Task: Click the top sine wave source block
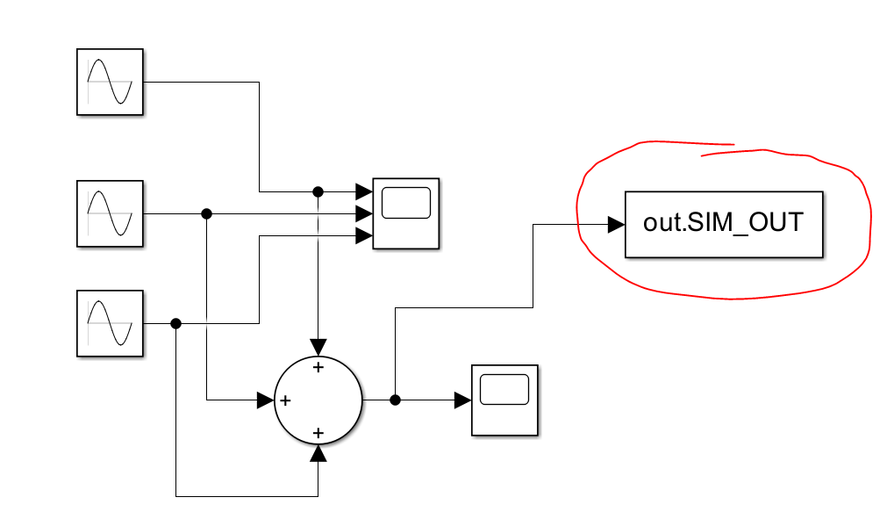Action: point(110,82)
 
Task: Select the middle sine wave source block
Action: point(110,213)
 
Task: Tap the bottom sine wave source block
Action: point(110,322)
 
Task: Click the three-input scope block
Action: point(405,213)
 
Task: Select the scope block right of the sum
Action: point(504,400)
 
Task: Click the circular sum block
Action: point(318,400)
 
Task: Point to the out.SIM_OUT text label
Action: point(723,222)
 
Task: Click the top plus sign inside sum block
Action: point(318,367)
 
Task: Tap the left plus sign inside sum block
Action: point(285,400)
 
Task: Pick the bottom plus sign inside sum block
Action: point(318,433)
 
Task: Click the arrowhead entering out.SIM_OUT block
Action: point(616,224)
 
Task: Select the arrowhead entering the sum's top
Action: point(318,347)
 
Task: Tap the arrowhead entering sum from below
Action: point(318,452)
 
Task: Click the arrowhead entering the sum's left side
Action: point(265,400)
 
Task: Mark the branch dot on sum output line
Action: point(395,400)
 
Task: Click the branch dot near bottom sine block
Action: point(175,323)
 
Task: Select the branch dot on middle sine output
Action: point(207,213)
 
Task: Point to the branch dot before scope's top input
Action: point(318,191)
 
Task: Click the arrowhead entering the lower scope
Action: point(462,400)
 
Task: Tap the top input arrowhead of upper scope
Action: point(363,191)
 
